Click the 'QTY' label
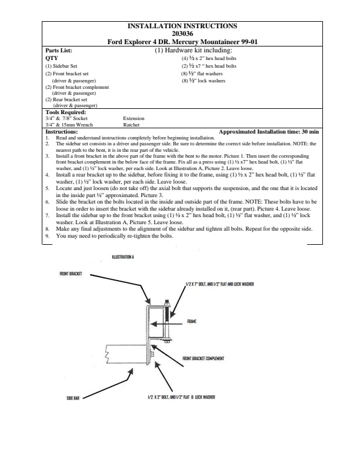coord(52,59)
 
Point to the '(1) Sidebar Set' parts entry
coord(61,66)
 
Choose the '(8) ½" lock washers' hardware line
coord(203,81)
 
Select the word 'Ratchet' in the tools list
coord(131,125)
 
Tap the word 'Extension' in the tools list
coord(134,118)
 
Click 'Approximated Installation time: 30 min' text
coord(268,131)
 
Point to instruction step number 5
coord(48,187)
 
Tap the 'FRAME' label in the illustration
coord(192,321)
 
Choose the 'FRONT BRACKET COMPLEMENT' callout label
coord(204,358)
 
